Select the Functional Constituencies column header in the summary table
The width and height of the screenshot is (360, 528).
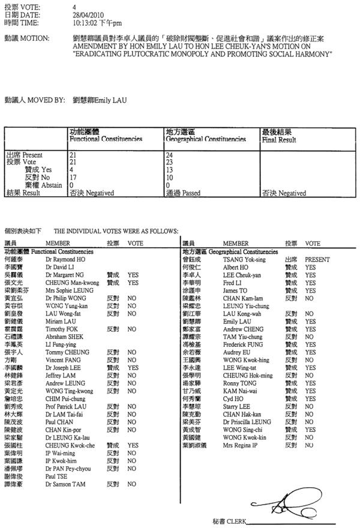point(106,139)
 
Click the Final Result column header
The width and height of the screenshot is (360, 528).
point(279,139)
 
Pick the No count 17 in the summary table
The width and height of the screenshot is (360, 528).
point(73,178)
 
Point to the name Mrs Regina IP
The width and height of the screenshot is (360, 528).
point(240,446)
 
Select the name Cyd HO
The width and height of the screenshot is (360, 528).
point(233,399)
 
